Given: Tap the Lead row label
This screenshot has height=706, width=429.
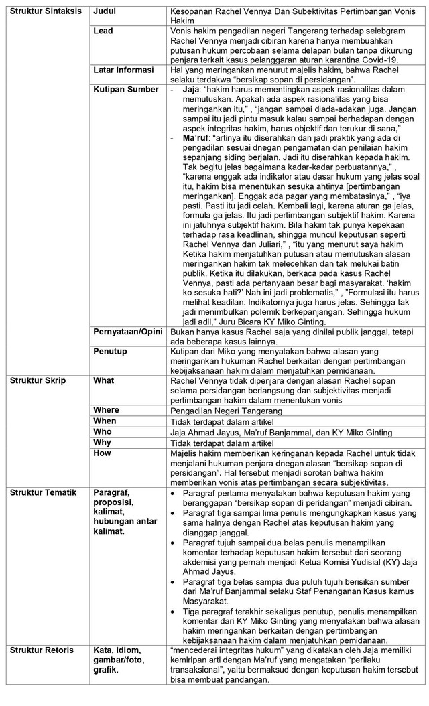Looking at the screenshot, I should [103, 31].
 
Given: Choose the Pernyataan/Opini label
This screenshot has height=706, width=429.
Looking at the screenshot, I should [129, 331].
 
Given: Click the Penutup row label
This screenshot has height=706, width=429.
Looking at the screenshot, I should [109, 350].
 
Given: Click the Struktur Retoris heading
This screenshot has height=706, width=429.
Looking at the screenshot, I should [38, 650].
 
